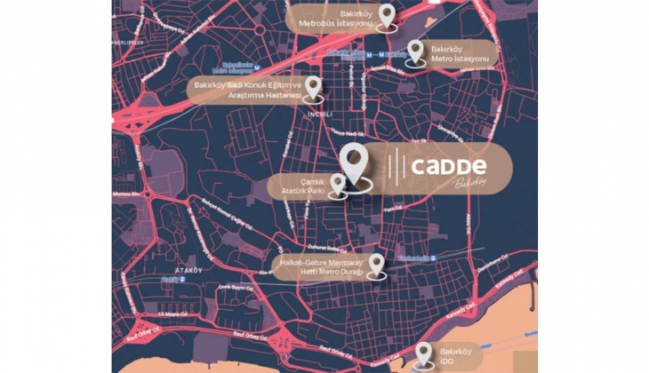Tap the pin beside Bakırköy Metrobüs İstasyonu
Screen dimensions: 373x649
coord(386,16)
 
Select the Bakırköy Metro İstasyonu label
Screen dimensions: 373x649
coord(460,52)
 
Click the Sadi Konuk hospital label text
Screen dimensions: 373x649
coord(248,90)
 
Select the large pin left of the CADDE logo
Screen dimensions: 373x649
coord(354,164)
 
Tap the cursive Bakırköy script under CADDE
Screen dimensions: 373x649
coord(472,183)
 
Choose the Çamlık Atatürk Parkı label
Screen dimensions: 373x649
coord(300,187)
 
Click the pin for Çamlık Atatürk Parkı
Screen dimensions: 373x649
coord(337,184)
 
